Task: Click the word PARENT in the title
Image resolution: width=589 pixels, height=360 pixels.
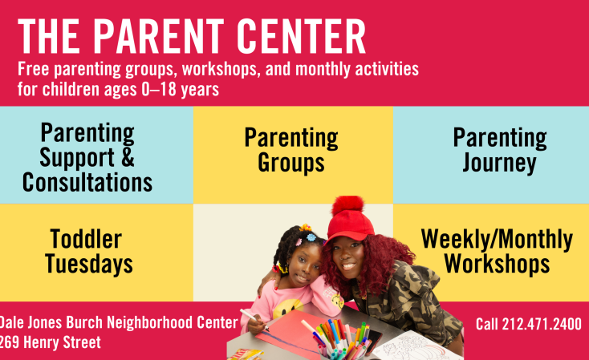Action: [158, 36]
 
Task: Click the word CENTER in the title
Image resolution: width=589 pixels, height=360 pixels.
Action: [301, 36]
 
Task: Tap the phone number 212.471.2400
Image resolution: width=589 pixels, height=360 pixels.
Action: [542, 324]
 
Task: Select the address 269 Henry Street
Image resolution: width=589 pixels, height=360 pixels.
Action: [51, 342]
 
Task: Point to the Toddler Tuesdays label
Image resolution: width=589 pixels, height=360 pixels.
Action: [88, 251]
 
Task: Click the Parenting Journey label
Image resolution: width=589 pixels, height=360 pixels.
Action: [500, 150]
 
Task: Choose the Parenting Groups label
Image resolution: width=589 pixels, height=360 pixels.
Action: [291, 150]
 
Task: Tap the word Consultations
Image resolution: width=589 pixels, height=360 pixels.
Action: [87, 183]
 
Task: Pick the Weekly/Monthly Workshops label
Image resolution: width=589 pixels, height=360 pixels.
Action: [497, 251]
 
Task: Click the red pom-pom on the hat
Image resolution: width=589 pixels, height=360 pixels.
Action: [347, 206]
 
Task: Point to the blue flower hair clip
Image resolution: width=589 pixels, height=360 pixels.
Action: [311, 237]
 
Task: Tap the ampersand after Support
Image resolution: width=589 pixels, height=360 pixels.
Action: [128, 157]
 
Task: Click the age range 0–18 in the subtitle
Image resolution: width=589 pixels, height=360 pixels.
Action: [159, 89]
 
